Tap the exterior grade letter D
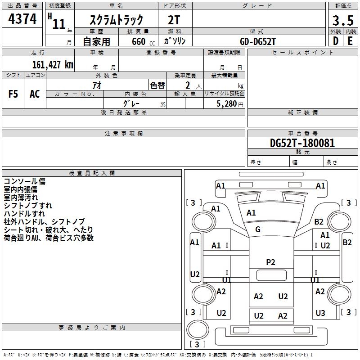coord(335,40)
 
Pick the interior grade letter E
coord(350,40)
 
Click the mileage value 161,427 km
coord(52,64)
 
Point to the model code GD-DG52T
coord(258,41)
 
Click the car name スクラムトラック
coord(117,20)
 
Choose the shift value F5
coord(13,94)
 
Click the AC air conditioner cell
coord(35,94)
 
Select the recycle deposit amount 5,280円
coord(230,104)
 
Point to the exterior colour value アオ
coord(97,85)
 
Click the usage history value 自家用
coord(96,41)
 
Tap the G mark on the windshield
coord(258,229)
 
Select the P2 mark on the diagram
coord(270,262)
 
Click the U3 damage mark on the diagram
coord(320,313)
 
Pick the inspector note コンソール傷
coord(25,181)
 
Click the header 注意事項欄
coord(123,133)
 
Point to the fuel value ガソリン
coord(175,41)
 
